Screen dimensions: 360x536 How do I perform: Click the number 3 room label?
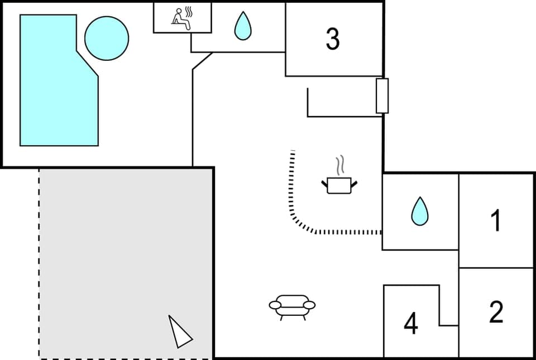[x=333, y=39]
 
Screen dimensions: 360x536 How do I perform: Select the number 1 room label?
[x=495, y=221]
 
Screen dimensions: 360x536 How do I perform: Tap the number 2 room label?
[x=496, y=312]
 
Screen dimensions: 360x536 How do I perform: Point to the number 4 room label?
[x=411, y=324]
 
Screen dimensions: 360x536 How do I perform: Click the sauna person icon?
[x=179, y=18]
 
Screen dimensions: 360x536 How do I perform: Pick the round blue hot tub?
[x=107, y=39]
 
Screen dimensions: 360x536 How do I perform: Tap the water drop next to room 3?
[x=242, y=26]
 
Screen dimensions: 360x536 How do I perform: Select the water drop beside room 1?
[x=420, y=212]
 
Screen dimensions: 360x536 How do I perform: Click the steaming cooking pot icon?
[x=339, y=183]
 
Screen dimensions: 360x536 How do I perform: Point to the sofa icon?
[x=292, y=306]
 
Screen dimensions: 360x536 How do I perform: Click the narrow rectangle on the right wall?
[x=382, y=96]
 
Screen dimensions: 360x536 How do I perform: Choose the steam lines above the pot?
[x=340, y=166]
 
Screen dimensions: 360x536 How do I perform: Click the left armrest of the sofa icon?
[x=275, y=305]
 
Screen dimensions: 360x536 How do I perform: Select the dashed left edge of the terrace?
[x=39, y=262]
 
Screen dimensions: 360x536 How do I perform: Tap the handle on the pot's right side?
[x=353, y=183]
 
